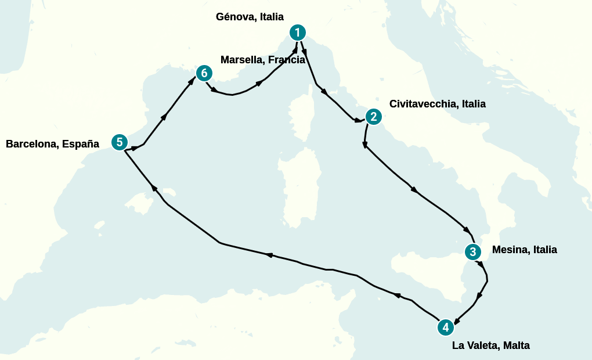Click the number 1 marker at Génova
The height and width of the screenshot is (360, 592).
pyautogui.click(x=297, y=32)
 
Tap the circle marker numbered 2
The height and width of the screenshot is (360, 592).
pyautogui.click(x=373, y=117)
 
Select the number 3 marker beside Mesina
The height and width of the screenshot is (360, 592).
pyautogui.click(x=473, y=252)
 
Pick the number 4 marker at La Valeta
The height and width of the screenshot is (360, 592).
pyautogui.click(x=445, y=327)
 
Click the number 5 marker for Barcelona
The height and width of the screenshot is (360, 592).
pyautogui.click(x=119, y=142)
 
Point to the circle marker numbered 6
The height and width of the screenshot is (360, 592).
pyautogui.click(x=204, y=73)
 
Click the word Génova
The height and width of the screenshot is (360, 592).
pyautogui.click(x=236, y=17)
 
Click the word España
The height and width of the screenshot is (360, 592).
pyautogui.click(x=79, y=144)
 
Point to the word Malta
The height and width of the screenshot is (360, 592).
pyautogui.click(x=517, y=345)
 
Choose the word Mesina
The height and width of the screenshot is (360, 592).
pyautogui.click(x=510, y=250)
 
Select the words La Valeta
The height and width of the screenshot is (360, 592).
pyautogui.click(x=475, y=345)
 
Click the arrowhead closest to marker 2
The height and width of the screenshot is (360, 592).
pyautogui.click(x=358, y=121)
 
